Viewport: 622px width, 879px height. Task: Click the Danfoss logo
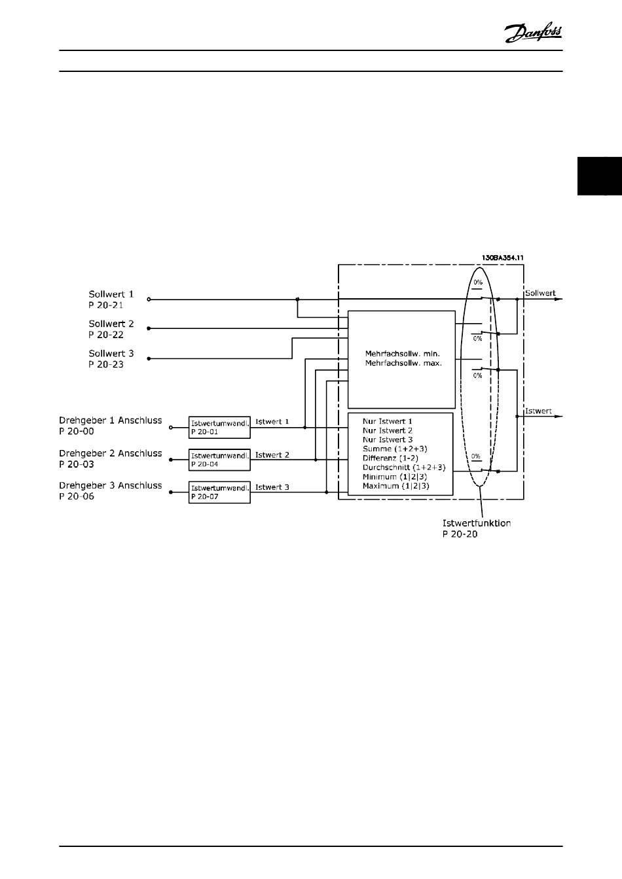pyautogui.click(x=533, y=32)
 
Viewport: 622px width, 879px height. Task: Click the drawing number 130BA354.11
pyautogui.click(x=502, y=258)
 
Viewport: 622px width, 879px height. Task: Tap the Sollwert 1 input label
pyautogui.click(x=111, y=294)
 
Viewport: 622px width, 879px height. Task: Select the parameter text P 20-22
pyautogui.click(x=106, y=335)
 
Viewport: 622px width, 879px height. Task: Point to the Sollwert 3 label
pyautogui.click(x=111, y=353)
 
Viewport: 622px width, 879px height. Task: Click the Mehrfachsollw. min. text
pyautogui.click(x=402, y=354)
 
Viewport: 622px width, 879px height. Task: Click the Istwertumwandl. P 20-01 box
pyautogui.click(x=219, y=427)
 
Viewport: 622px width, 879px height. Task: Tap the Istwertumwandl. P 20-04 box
pyautogui.click(x=219, y=460)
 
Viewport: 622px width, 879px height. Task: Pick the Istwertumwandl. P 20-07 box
pyautogui.click(x=219, y=492)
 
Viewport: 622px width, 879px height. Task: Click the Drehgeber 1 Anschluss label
pyautogui.click(x=111, y=421)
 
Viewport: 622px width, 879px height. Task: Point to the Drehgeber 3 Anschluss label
pyautogui.click(x=111, y=485)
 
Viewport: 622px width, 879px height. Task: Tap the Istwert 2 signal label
pyautogui.click(x=272, y=455)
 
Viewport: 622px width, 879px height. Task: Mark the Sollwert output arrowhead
pyautogui.click(x=558, y=300)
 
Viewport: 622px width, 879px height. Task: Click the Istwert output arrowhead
pyautogui.click(x=558, y=417)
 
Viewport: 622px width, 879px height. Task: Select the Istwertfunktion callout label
pyautogui.click(x=477, y=523)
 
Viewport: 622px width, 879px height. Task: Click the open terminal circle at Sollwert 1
pyautogui.click(x=149, y=300)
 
